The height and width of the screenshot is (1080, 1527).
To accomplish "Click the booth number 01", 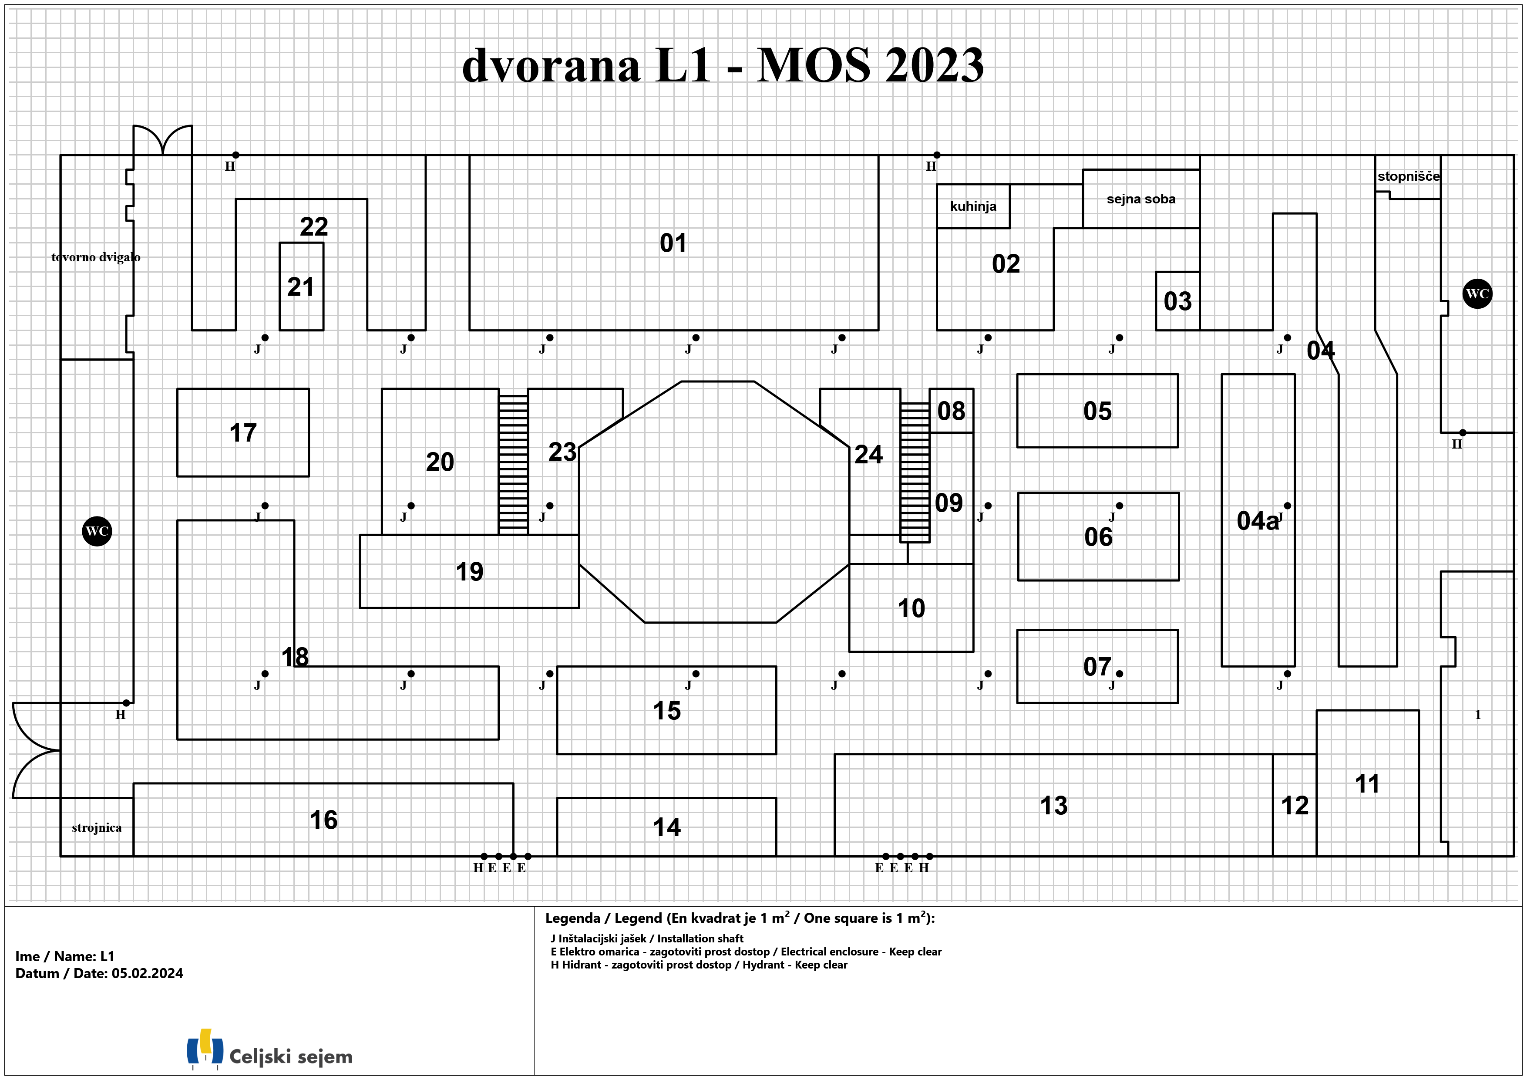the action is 673,243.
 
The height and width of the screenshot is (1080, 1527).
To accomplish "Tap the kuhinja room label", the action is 973,206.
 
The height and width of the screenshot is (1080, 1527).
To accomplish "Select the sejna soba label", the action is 1140,199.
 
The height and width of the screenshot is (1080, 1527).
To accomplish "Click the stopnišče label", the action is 1409,176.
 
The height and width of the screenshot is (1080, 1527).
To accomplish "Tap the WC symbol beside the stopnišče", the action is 1477,294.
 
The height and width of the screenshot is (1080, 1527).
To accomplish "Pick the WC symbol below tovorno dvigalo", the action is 97,531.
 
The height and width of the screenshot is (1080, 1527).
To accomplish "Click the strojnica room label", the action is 97,828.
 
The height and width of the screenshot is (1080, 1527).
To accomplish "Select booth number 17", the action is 243,432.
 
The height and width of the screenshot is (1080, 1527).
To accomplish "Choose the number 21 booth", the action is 301,287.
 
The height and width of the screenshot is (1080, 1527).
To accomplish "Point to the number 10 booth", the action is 911,608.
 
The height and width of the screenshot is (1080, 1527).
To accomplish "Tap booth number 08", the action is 951,411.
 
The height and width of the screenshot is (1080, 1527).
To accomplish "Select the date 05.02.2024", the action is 147,974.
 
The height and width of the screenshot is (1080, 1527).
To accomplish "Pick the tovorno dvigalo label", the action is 96,257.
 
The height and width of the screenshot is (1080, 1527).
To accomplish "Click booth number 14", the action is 666,827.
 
